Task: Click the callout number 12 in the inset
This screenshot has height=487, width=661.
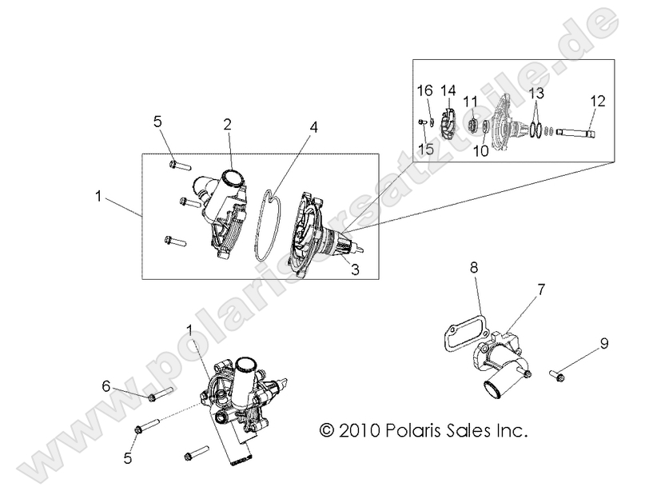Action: pos(598,102)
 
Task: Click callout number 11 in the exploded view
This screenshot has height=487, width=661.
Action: pos(472,101)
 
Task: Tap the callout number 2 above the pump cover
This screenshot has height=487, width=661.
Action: pos(228,124)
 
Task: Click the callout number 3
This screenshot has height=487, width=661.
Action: pos(355,270)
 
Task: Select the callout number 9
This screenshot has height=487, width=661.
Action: pos(604,345)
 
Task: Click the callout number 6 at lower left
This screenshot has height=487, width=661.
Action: pos(105,385)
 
